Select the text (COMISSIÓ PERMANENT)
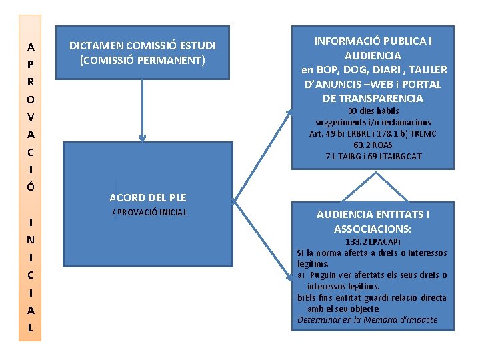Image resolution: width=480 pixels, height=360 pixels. coord(143,61)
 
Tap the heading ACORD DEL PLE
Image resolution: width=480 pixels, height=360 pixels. coord(147,197)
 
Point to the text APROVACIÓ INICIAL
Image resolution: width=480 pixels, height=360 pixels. coord(149,213)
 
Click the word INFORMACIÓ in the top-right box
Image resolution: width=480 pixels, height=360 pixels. coord(347,41)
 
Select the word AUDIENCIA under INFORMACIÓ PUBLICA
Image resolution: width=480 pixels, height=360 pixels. coord(373,55)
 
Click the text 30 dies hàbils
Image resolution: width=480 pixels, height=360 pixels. coord(373,111)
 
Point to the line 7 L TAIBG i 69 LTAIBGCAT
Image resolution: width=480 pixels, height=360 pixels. coord(373,157)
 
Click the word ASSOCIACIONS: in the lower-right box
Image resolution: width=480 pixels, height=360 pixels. coord(373,229)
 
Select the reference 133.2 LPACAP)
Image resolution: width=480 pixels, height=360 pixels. coord(373,241)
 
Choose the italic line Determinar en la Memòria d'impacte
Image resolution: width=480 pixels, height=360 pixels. coord(367,320)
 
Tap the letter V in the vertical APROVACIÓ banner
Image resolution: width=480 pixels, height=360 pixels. coord(31,117)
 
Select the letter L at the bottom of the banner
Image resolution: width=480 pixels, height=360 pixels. coord(31,328)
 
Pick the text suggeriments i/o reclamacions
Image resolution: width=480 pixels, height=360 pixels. coord(373,123)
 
